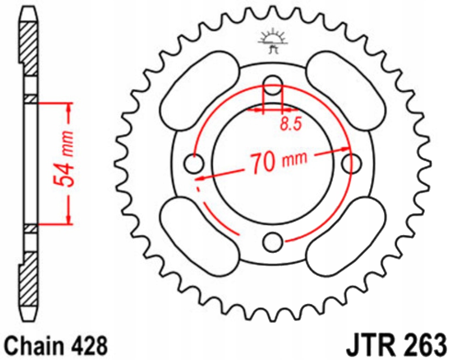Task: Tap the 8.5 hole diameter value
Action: pyautogui.click(x=290, y=125)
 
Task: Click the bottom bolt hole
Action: pyautogui.click(x=273, y=242)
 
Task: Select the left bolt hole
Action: pyautogui.click(x=193, y=163)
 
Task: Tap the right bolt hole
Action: pyautogui.click(x=352, y=163)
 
